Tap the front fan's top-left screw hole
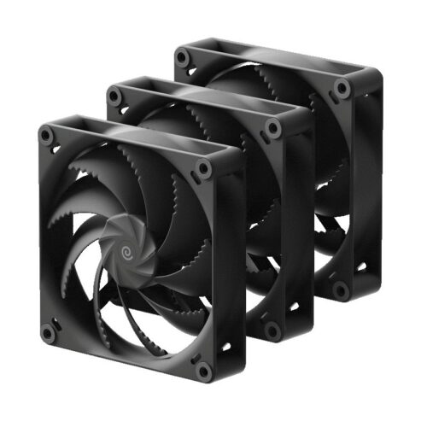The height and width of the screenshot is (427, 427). click(50, 134)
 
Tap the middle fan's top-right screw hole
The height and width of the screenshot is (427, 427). click(274, 127)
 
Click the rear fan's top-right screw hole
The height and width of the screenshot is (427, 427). click(342, 88)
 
